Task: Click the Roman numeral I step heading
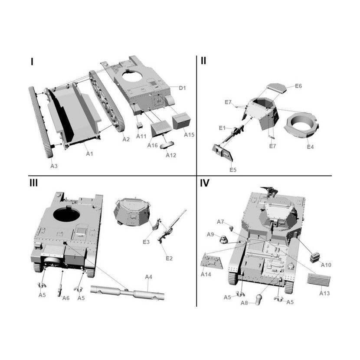coord(32,62)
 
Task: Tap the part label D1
coord(183,88)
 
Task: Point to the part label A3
coord(54,165)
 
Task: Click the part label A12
coord(171,155)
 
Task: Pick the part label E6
coord(298,86)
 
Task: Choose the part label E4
coord(310,147)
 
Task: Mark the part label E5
coord(233,169)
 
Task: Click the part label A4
coord(149,277)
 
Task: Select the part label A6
coord(66,298)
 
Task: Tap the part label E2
coord(169,259)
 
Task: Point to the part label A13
coord(324,293)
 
